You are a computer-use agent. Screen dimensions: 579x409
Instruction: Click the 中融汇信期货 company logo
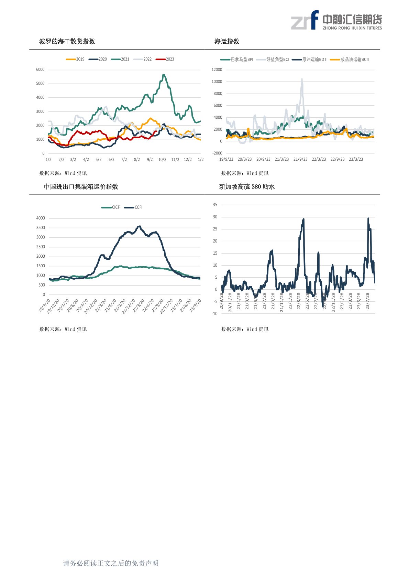pos(336,20)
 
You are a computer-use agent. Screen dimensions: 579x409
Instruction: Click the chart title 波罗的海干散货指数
pos(67,41)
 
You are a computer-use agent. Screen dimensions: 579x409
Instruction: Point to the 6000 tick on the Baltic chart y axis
pos(40,69)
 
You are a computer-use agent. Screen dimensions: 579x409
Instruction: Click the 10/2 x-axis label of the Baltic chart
pos(162,160)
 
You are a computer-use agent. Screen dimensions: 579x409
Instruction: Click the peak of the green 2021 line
pos(164,75)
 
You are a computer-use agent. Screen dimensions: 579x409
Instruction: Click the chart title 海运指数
pos(227,41)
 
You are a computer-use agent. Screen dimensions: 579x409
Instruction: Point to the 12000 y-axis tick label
pos(217,70)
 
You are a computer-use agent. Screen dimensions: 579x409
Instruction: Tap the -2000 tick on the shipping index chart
pos(217,153)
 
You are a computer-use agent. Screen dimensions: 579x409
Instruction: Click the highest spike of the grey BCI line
pos(302,79)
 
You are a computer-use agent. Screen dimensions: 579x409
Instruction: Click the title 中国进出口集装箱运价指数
pos(81,186)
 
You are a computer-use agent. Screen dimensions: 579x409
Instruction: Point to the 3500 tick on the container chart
pos(41,228)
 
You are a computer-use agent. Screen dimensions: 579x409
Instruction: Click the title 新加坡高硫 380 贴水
pos(247,187)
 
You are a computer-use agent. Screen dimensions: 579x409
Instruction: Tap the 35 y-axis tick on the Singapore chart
pos(215,205)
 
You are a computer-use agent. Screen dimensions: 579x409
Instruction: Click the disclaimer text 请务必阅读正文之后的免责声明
pos(111,563)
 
